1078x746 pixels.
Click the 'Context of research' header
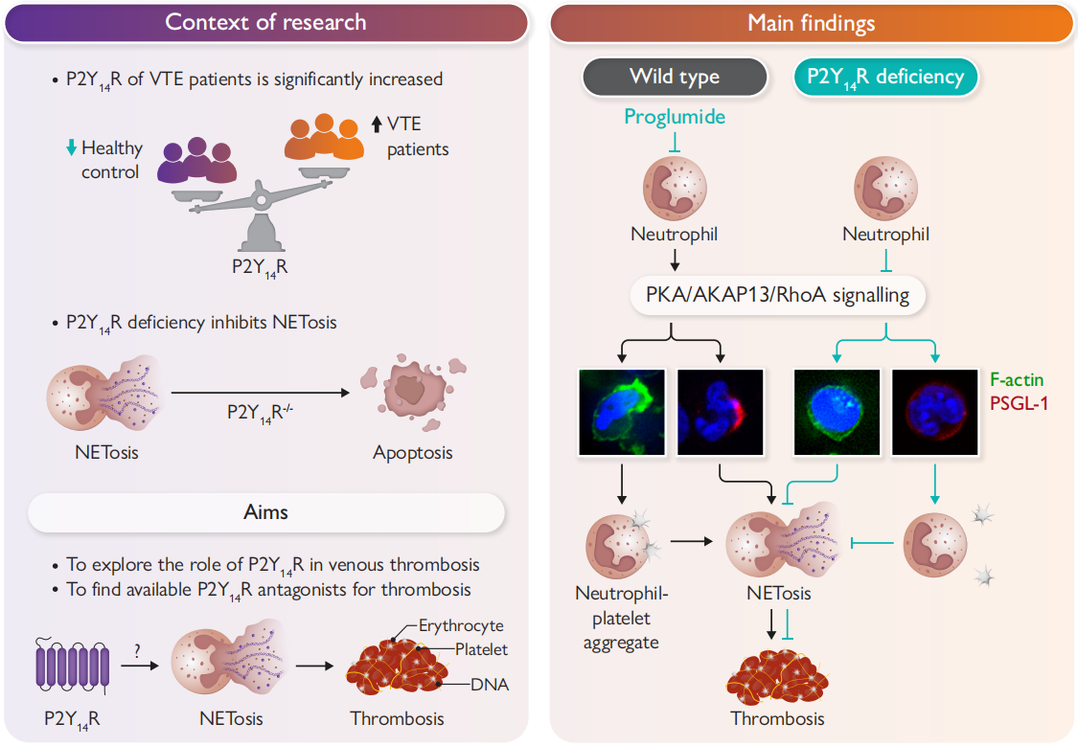[x=265, y=23]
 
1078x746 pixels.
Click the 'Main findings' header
[x=811, y=23]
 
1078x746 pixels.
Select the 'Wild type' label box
[x=675, y=78]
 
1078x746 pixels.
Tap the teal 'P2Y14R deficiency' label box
[x=884, y=78]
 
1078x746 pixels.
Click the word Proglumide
[x=675, y=117]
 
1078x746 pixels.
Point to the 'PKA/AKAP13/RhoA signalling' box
[x=777, y=295]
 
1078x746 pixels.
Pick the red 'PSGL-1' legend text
[x=1018, y=403]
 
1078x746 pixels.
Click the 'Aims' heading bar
[x=265, y=512]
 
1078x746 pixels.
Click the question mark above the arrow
[x=138, y=648]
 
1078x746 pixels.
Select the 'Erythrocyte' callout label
[x=461, y=626]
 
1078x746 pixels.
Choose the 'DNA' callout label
[x=489, y=685]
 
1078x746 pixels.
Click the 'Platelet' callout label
[x=481, y=650]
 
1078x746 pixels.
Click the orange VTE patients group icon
[x=324, y=139]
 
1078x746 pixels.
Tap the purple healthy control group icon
[x=197, y=161]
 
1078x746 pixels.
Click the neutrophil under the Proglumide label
[x=675, y=188]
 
